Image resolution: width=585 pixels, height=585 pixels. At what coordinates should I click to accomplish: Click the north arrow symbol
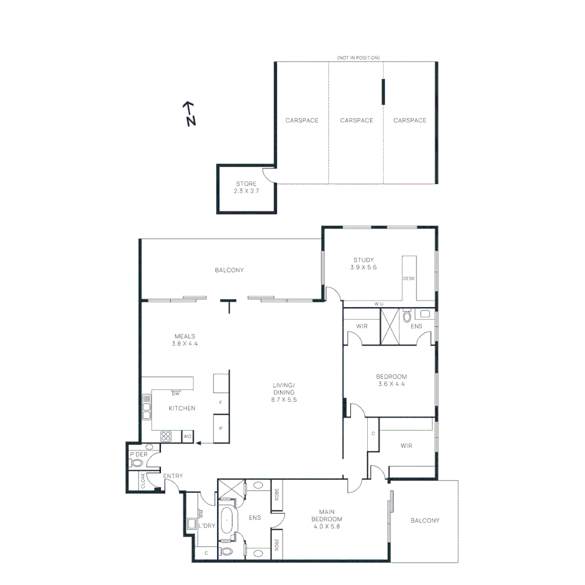click(x=188, y=113)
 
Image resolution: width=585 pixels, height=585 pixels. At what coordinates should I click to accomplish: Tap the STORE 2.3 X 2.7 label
click(x=246, y=187)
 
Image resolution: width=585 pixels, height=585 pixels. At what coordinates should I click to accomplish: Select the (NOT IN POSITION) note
click(x=358, y=57)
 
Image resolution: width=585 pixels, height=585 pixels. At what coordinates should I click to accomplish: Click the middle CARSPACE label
click(x=356, y=120)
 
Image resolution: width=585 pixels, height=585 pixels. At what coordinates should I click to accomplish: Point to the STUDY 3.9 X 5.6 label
click(x=363, y=263)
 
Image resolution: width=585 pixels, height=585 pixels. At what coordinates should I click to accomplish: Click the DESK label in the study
click(x=408, y=278)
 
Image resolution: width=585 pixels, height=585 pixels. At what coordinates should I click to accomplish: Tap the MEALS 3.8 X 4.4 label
click(x=185, y=340)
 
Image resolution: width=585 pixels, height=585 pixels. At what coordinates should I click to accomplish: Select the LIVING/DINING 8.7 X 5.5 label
click(x=284, y=393)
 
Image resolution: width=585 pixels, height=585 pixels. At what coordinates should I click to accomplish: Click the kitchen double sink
click(x=146, y=407)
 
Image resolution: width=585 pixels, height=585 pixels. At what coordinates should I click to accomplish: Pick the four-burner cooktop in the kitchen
click(x=166, y=436)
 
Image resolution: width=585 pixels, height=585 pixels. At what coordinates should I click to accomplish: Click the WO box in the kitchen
click(x=187, y=436)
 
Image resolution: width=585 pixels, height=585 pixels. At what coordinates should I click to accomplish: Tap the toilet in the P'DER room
click(x=138, y=463)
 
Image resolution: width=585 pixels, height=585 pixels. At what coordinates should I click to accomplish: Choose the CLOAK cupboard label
click(x=143, y=481)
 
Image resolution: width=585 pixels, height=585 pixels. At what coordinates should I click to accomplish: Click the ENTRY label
click(x=173, y=476)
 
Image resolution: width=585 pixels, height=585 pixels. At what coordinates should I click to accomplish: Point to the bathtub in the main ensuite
click(x=228, y=521)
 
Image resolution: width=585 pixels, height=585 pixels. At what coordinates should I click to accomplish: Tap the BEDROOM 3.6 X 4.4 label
click(x=391, y=380)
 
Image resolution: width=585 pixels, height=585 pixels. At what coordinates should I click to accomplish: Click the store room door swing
click(x=269, y=175)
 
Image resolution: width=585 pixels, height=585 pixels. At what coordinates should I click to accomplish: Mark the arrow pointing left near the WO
click(x=205, y=443)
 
